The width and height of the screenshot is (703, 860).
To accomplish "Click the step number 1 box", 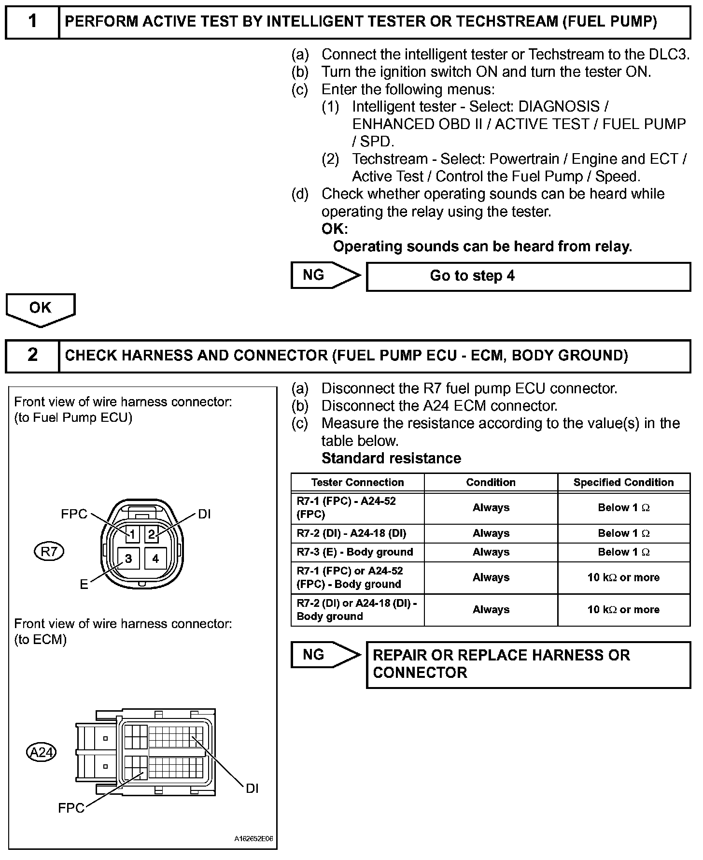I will pyautogui.click(x=32, y=22).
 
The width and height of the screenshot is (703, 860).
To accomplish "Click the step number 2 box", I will pyautogui.click(x=32, y=355).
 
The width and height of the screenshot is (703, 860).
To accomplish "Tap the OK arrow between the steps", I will pyautogui.click(x=41, y=309).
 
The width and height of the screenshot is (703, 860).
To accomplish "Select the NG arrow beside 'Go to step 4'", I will pyautogui.click(x=325, y=275).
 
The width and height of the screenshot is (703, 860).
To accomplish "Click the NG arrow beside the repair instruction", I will pyautogui.click(x=325, y=655).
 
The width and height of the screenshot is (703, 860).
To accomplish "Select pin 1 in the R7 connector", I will pyautogui.click(x=131, y=534).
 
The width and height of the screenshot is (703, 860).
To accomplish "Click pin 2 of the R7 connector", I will pyautogui.click(x=152, y=534).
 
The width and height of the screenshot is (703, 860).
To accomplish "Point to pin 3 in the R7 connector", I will pyautogui.click(x=128, y=559).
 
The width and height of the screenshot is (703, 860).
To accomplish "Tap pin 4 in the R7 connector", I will pyautogui.click(x=155, y=559).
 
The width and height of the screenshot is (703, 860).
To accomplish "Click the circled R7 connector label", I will pyautogui.click(x=49, y=551).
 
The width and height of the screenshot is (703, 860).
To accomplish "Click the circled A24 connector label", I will pyautogui.click(x=42, y=752).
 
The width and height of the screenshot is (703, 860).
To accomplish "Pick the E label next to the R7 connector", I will pyautogui.click(x=84, y=585).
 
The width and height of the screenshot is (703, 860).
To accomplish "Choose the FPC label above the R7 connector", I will pyautogui.click(x=74, y=514).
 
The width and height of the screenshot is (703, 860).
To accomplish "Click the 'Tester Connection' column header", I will pyautogui.click(x=357, y=482).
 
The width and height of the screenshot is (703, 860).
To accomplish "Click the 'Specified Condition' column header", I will pyautogui.click(x=623, y=482).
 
